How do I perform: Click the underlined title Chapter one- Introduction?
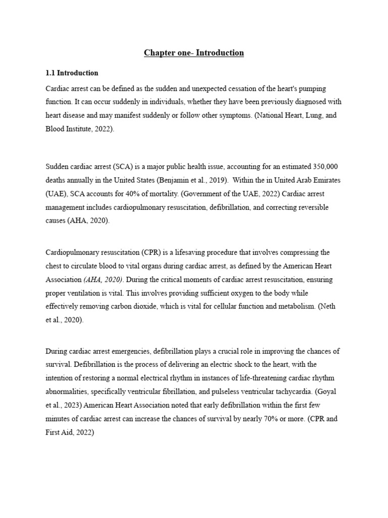point(193,53)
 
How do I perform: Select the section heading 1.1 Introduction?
point(72,73)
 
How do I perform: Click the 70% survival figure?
point(261,419)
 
